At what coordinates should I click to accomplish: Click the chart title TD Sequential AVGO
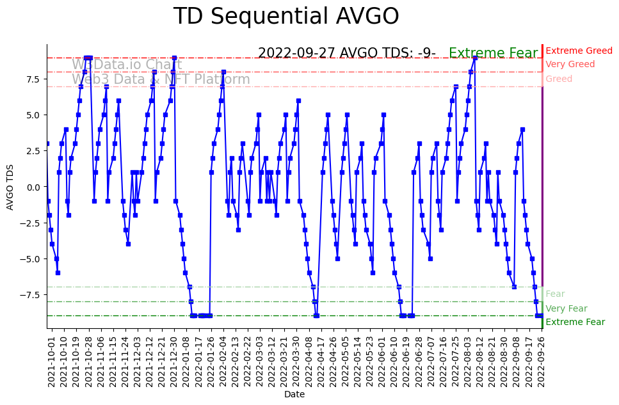tap(286, 17)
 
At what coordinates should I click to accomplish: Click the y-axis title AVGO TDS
tap(10, 186)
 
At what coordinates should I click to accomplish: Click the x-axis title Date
tap(294, 395)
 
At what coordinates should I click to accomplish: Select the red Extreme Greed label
tap(579, 51)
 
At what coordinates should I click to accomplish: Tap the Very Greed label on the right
tap(570, 65)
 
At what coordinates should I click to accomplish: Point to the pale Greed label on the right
tap(559, 79)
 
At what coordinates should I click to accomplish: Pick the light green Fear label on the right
tap(555, 294)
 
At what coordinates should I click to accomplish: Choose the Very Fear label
tap(566, 308)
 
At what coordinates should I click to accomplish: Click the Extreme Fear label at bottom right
tap(575, 322)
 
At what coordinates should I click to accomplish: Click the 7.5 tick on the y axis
tap(33, 79)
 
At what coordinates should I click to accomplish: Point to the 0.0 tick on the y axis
tap(33, 187)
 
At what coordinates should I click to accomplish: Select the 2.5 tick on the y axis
tap(33, 151)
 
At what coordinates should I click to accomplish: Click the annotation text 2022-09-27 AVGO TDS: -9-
tap(346, 53)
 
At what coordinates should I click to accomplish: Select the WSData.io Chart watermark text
tap(127, 65)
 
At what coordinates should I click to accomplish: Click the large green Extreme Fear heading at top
tap(494, 53)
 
